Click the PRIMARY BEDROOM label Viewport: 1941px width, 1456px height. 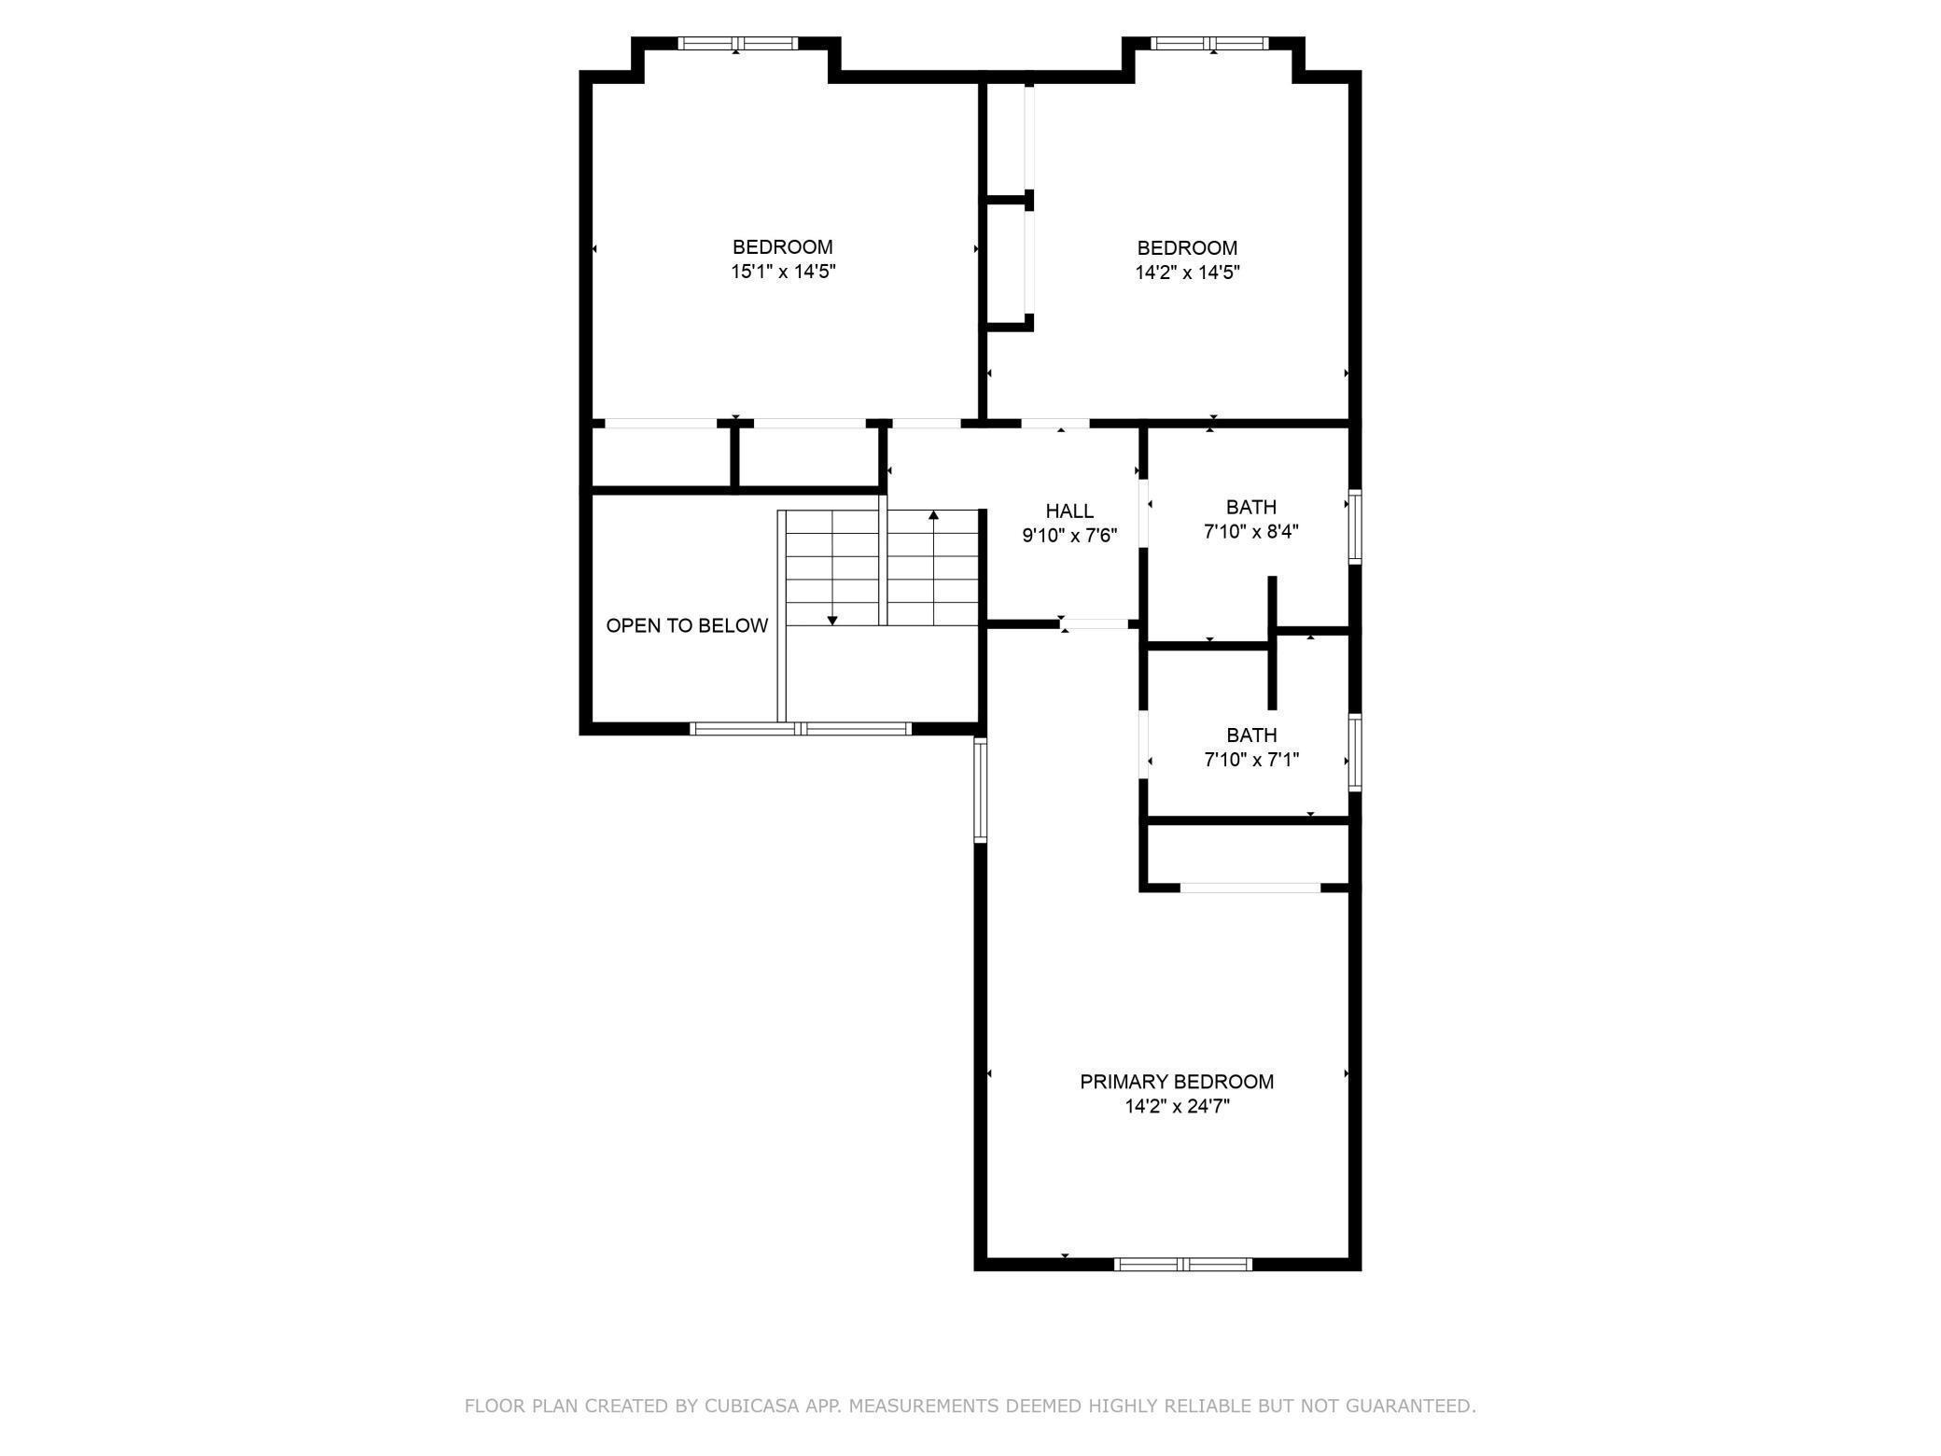[1176, 1082]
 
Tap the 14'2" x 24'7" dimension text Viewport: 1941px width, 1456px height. [1177, 1107]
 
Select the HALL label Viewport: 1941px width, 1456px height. [1069, 511]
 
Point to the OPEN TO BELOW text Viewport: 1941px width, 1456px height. [687, 625]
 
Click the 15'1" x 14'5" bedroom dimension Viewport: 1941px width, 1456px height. [783, 272]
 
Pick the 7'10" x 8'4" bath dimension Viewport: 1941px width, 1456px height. [1251, 532]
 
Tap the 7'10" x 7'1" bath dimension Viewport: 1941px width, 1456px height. [1251, 760]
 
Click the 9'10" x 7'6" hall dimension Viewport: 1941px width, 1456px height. [1069, 536]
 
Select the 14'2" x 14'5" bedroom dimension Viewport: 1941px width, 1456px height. [1187, 273]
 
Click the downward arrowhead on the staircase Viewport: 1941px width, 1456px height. [832, 621]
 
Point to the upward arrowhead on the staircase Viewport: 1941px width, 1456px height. [933, 514]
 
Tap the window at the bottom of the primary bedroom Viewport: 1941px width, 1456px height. [1183, 1265]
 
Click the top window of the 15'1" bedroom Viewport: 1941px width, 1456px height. [738, 43]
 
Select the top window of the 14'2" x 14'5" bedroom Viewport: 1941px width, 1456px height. [1210, 43]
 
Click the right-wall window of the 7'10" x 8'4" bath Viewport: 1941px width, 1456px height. [1355, 526]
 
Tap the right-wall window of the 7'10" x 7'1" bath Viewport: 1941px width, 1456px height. [1355, 752]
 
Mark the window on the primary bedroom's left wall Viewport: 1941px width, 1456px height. [980, 790]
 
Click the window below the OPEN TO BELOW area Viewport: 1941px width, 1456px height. [801, 729]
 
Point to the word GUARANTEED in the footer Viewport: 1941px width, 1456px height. [1415, 1406]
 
